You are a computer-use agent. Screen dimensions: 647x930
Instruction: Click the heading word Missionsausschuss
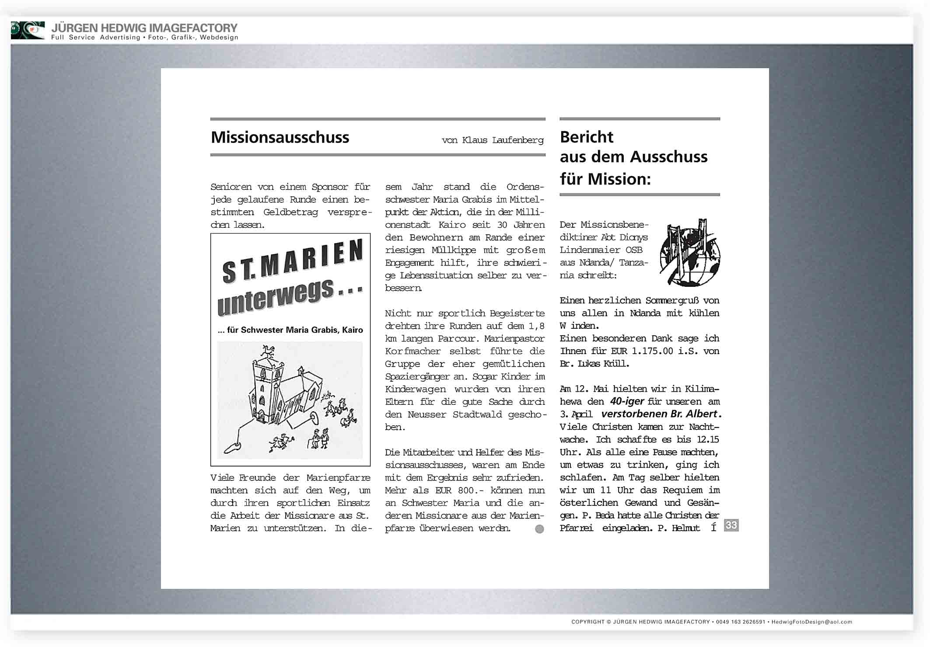[280, 137]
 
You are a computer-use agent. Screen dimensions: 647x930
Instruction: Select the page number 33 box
[731, 525]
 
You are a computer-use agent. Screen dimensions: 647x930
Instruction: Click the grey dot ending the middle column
[539, 529]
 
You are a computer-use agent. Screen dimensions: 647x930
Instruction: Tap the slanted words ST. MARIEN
[292, 261]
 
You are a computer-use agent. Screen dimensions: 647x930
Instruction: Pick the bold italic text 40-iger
[627, 401]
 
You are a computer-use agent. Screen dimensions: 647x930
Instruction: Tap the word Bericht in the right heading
[586, 137]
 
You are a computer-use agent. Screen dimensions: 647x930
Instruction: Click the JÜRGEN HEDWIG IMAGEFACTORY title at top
[144, 28]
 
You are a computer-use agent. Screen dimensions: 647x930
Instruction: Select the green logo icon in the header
[28, 30]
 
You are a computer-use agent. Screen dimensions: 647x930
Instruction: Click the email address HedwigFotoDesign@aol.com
[811, 622]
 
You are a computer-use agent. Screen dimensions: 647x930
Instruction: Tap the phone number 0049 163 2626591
[740, 622]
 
